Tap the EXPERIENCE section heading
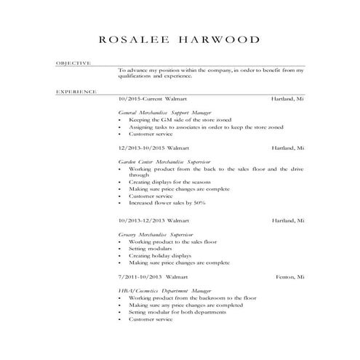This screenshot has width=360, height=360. pyautogui.click(x=76, y=92)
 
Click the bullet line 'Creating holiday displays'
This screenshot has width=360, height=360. pyautogui.click(x=161, y=255)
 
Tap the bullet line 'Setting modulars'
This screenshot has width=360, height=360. pyautogui.click(x=149, y=248)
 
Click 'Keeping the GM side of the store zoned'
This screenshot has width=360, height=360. pyautogui.click(x=180, y=120)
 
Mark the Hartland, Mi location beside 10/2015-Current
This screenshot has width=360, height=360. pyautogui.click(x=287, y=97)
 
